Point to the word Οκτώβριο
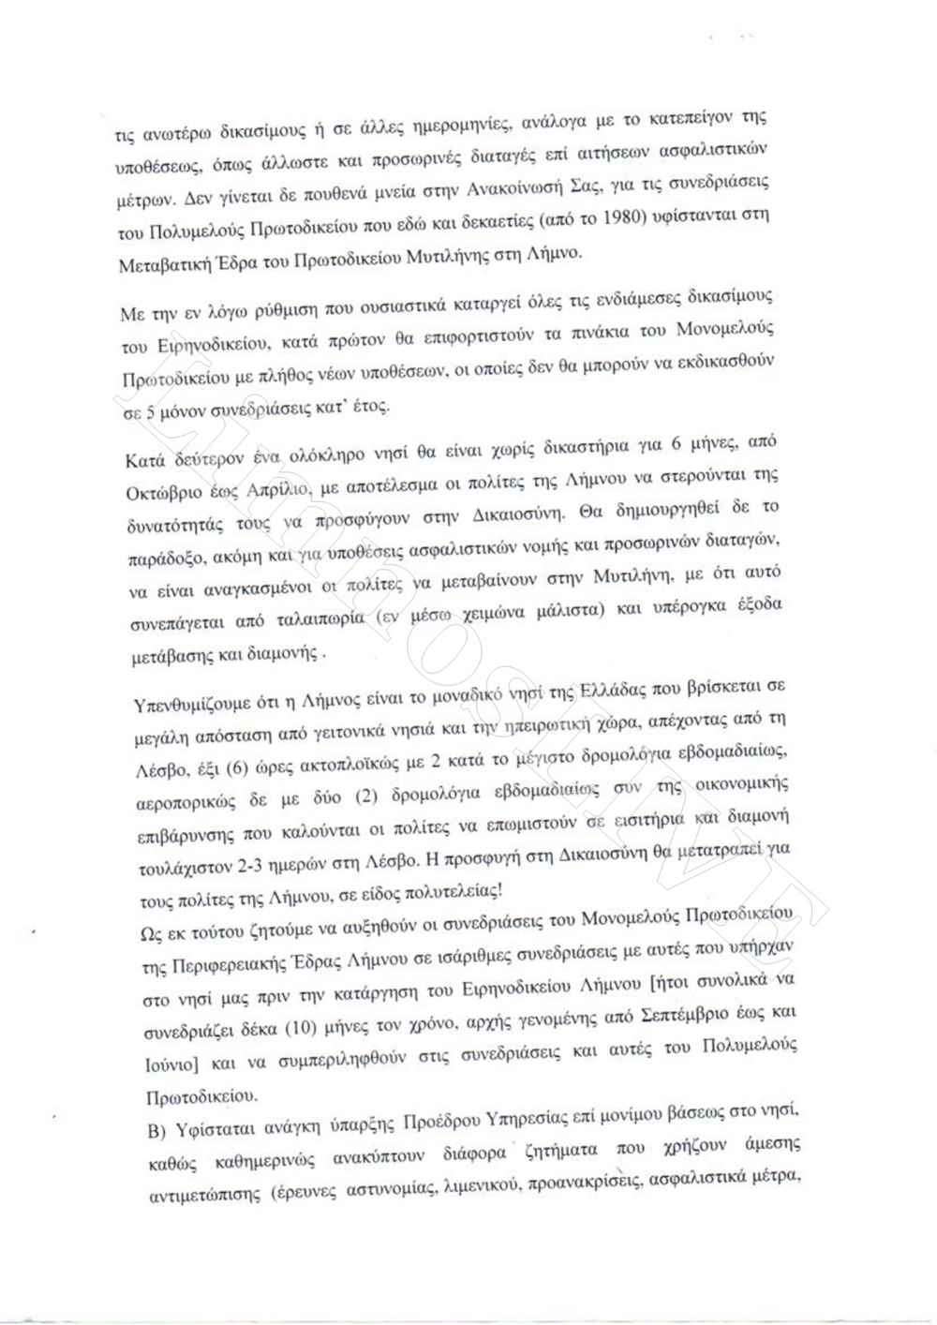(166, 492)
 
